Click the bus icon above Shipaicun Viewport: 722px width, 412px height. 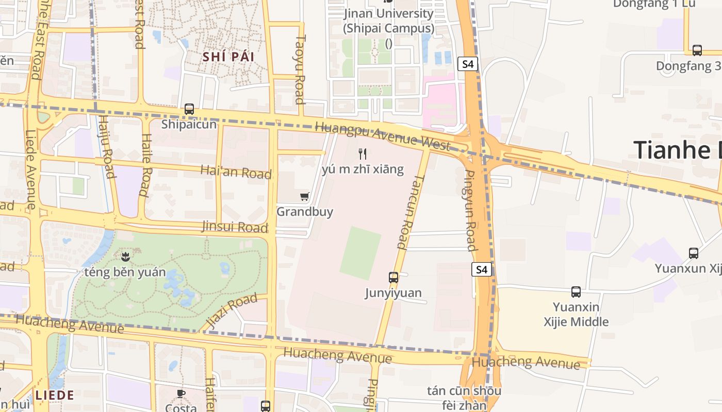click(189, 109)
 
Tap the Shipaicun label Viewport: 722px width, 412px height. click(189, 125)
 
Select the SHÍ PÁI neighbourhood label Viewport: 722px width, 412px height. click(228, 57)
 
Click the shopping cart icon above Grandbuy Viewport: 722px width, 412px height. click(305, 196)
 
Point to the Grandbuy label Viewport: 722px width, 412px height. click(305, 212)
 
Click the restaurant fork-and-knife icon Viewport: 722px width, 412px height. click(363, 153)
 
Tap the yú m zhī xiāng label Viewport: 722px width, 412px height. click(363, 169)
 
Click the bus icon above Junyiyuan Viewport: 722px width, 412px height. click(393, 278)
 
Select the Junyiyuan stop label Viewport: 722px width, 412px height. click(393, 293)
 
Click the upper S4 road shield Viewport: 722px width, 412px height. click(468, 64)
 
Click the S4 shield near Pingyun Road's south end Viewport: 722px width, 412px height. click(481, 269)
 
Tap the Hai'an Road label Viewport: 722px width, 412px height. click(236, 171)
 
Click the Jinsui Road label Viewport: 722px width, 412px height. click(235, 227)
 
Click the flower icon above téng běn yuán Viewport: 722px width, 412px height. click(125, 255)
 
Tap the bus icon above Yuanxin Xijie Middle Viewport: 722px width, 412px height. click(576, 292)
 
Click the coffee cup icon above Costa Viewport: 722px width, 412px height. click(181, 394)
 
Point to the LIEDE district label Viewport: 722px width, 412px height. click(55, 396)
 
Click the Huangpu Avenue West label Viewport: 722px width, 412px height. click(382, 136)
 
